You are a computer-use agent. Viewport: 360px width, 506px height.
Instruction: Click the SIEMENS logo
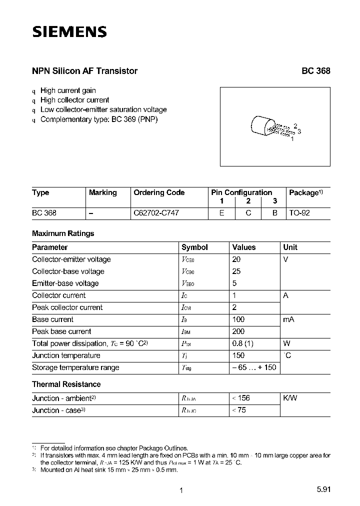coord(69,32)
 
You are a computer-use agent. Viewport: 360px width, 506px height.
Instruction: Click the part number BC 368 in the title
coord(315,71)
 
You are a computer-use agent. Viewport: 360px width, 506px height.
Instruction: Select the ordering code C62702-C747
coord(156,212)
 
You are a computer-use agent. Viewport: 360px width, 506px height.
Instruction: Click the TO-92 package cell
coord(299,212)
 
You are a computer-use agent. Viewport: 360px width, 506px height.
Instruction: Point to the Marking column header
coord(102,192)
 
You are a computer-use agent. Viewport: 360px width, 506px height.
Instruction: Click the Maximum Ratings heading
coord(63,233)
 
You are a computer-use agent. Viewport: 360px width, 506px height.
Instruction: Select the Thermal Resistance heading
coord(66,384)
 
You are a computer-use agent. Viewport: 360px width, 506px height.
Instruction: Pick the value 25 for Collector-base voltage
coord(236,271)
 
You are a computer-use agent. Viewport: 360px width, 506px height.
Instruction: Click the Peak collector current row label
coord(67,307)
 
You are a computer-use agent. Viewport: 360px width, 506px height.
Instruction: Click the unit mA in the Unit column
coord(288,319)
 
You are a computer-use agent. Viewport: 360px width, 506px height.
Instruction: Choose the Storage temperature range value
coord(253,367)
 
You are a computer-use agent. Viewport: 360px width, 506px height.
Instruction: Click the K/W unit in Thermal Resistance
coord(289,398)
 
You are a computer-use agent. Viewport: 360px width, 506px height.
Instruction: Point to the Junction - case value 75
coord(240,410)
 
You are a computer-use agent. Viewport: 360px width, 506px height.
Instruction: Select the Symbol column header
coord(194,247)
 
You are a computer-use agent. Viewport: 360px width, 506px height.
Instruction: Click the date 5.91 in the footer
coord(322,490)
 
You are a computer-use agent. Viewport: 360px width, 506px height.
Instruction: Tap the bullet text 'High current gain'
coord(68,90)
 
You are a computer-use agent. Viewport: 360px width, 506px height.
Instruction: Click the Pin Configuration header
coord(241,192)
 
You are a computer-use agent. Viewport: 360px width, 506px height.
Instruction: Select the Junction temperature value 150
coord(238,355)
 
